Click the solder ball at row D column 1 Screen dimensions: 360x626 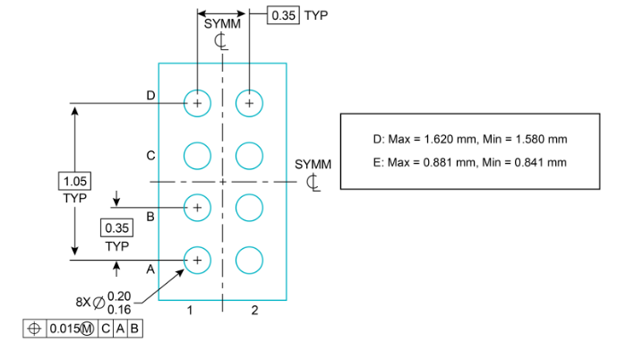pos(197,104)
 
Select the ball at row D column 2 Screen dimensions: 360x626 pos(249,104)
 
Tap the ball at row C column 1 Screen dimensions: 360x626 pos(197,156)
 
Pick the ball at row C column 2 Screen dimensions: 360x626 pos(249,156)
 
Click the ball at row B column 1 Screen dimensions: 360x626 pos(197,208)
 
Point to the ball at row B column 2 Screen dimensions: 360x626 pos(249,208)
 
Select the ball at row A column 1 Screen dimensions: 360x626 pos(197,260)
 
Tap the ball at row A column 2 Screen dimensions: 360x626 pos(249,260)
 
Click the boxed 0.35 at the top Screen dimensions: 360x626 pos(284,15)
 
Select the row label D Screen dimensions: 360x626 pos(150,95)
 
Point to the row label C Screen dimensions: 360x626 pos(150,155)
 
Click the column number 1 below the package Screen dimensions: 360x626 pos(190,311)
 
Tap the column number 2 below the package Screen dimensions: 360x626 pos(254,311)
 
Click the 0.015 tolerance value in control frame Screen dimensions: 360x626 pos(62,329)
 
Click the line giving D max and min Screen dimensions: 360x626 pos(469,140)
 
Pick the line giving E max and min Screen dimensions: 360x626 pos(469,162)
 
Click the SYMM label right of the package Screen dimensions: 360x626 pos(313,165)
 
